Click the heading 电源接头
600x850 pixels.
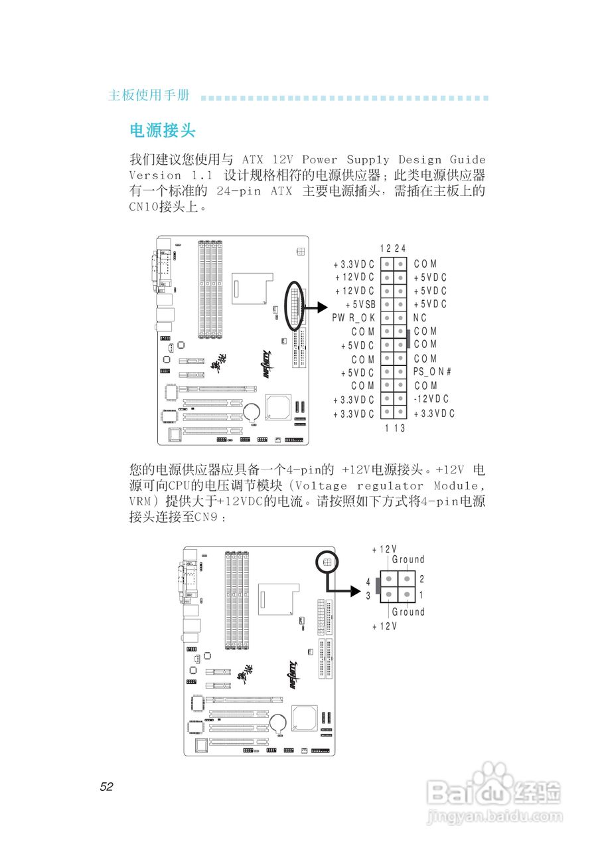point(163,130)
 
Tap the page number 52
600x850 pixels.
point(107,787)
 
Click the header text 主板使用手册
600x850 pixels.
point(149,96)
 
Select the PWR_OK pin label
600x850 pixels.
point(354,318)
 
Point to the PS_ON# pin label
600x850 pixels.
point(432,372)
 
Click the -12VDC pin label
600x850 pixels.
point(431,399)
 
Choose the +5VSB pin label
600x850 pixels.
point(360,304)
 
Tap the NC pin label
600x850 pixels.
point(420,318)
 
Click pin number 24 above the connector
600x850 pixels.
point(400,248)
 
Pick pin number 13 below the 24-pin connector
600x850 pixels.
point(399,428)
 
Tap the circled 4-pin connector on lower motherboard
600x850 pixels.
point(326,562)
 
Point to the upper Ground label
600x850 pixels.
point(408,560)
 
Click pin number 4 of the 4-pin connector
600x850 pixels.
point(368,582)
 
